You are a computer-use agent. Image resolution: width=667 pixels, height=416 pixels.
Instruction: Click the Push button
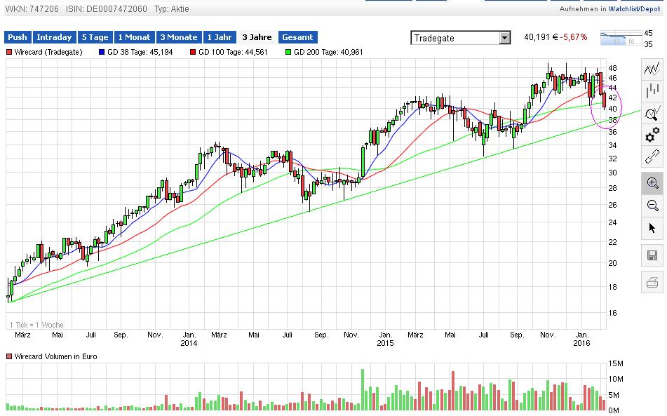18,37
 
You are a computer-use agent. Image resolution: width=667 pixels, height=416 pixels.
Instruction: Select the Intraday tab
54,37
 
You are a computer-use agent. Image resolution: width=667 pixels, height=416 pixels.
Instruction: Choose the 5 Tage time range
95,37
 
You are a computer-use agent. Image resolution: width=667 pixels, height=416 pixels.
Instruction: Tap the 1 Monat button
135,37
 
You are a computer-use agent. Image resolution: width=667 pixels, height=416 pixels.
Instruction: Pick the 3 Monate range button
178,37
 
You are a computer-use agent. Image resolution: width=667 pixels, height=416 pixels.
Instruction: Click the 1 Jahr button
219,37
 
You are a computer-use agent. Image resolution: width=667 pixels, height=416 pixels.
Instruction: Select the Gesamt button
297,37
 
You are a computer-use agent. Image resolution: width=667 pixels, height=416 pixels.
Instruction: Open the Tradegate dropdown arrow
504,38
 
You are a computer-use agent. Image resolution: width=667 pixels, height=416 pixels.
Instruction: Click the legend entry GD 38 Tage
141,52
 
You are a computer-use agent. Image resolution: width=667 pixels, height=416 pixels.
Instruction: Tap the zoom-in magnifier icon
653,183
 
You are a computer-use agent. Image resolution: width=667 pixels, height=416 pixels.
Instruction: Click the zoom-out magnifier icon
653,206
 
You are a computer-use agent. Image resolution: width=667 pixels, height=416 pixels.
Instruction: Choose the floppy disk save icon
653,255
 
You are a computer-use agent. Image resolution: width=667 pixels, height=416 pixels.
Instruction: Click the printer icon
653,283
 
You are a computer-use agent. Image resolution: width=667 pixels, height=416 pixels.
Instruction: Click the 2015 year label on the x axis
385,343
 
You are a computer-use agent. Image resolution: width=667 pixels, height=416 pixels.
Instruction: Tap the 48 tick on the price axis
612,68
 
